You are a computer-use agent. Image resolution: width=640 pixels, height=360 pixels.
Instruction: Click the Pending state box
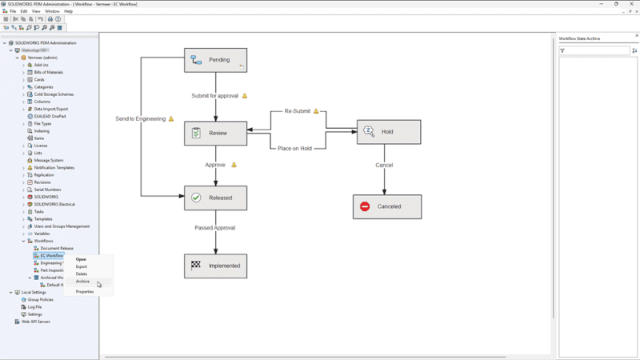pos(215,60)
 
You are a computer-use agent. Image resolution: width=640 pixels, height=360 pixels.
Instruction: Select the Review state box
pos(215,134)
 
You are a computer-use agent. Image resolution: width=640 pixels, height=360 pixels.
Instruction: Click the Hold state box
pos(389,132)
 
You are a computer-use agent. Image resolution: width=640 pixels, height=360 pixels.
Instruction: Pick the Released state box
pos(215,198)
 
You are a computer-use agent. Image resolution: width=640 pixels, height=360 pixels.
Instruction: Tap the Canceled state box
pos(387,206)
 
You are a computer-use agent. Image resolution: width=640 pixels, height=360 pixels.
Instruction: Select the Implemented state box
pos(215,266)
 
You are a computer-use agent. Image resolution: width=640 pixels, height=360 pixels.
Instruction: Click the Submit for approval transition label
pos(214,96)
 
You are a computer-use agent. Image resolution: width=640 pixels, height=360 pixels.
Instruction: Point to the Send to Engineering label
pos(140,119)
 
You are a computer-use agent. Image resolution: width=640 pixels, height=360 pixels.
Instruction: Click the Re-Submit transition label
pos(297,111)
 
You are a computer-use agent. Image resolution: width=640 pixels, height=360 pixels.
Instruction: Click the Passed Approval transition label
pos(214,228)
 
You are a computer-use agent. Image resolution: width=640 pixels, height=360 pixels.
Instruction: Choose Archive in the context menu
pos(82,282)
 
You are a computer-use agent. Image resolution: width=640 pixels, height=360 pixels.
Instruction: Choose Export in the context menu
pos(82,266)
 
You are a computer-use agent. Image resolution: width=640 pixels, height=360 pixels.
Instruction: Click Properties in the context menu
pos(85,292)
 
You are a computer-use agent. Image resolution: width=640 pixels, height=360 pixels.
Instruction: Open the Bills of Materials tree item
pos(48,72)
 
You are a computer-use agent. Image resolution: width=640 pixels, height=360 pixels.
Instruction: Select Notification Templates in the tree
pos(54,168)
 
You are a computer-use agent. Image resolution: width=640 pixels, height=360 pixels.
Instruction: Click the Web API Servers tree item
pos(35,322)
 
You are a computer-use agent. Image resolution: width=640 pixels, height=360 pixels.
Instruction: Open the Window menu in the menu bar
pos(52,11)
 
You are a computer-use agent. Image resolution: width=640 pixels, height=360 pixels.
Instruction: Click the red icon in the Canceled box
pos(365,206)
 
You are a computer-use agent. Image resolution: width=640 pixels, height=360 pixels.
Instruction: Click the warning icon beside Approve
pos(234,165)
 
